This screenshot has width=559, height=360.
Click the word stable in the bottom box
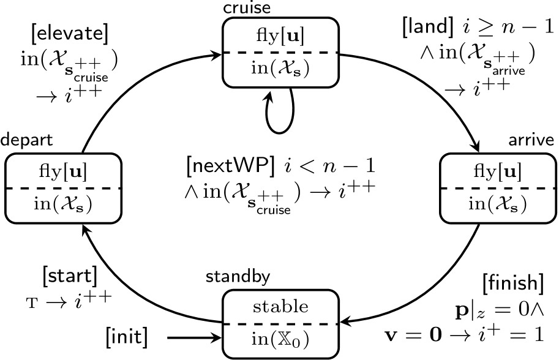click(280, 306)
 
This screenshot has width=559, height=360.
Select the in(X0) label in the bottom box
click(280, 339)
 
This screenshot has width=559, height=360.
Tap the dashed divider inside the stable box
click(280, 323)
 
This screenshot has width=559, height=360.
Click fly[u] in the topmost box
click(280, 36)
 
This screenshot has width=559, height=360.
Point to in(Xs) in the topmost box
click(280, 68)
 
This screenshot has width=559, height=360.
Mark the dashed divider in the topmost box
click(280, 53)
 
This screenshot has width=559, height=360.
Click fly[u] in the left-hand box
click(63, 172)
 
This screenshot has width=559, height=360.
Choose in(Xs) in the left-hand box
click(63, 204)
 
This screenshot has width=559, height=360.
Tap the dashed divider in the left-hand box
click(63, 188)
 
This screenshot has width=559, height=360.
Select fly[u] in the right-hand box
click(498, 172)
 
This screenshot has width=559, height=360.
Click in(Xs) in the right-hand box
click(498, 204)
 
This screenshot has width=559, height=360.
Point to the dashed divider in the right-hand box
click(498, 188)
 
